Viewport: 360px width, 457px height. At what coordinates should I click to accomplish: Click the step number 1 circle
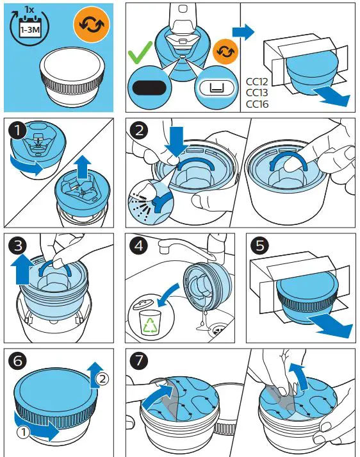(17, 131)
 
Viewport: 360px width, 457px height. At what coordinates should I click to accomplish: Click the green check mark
(145, 54)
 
